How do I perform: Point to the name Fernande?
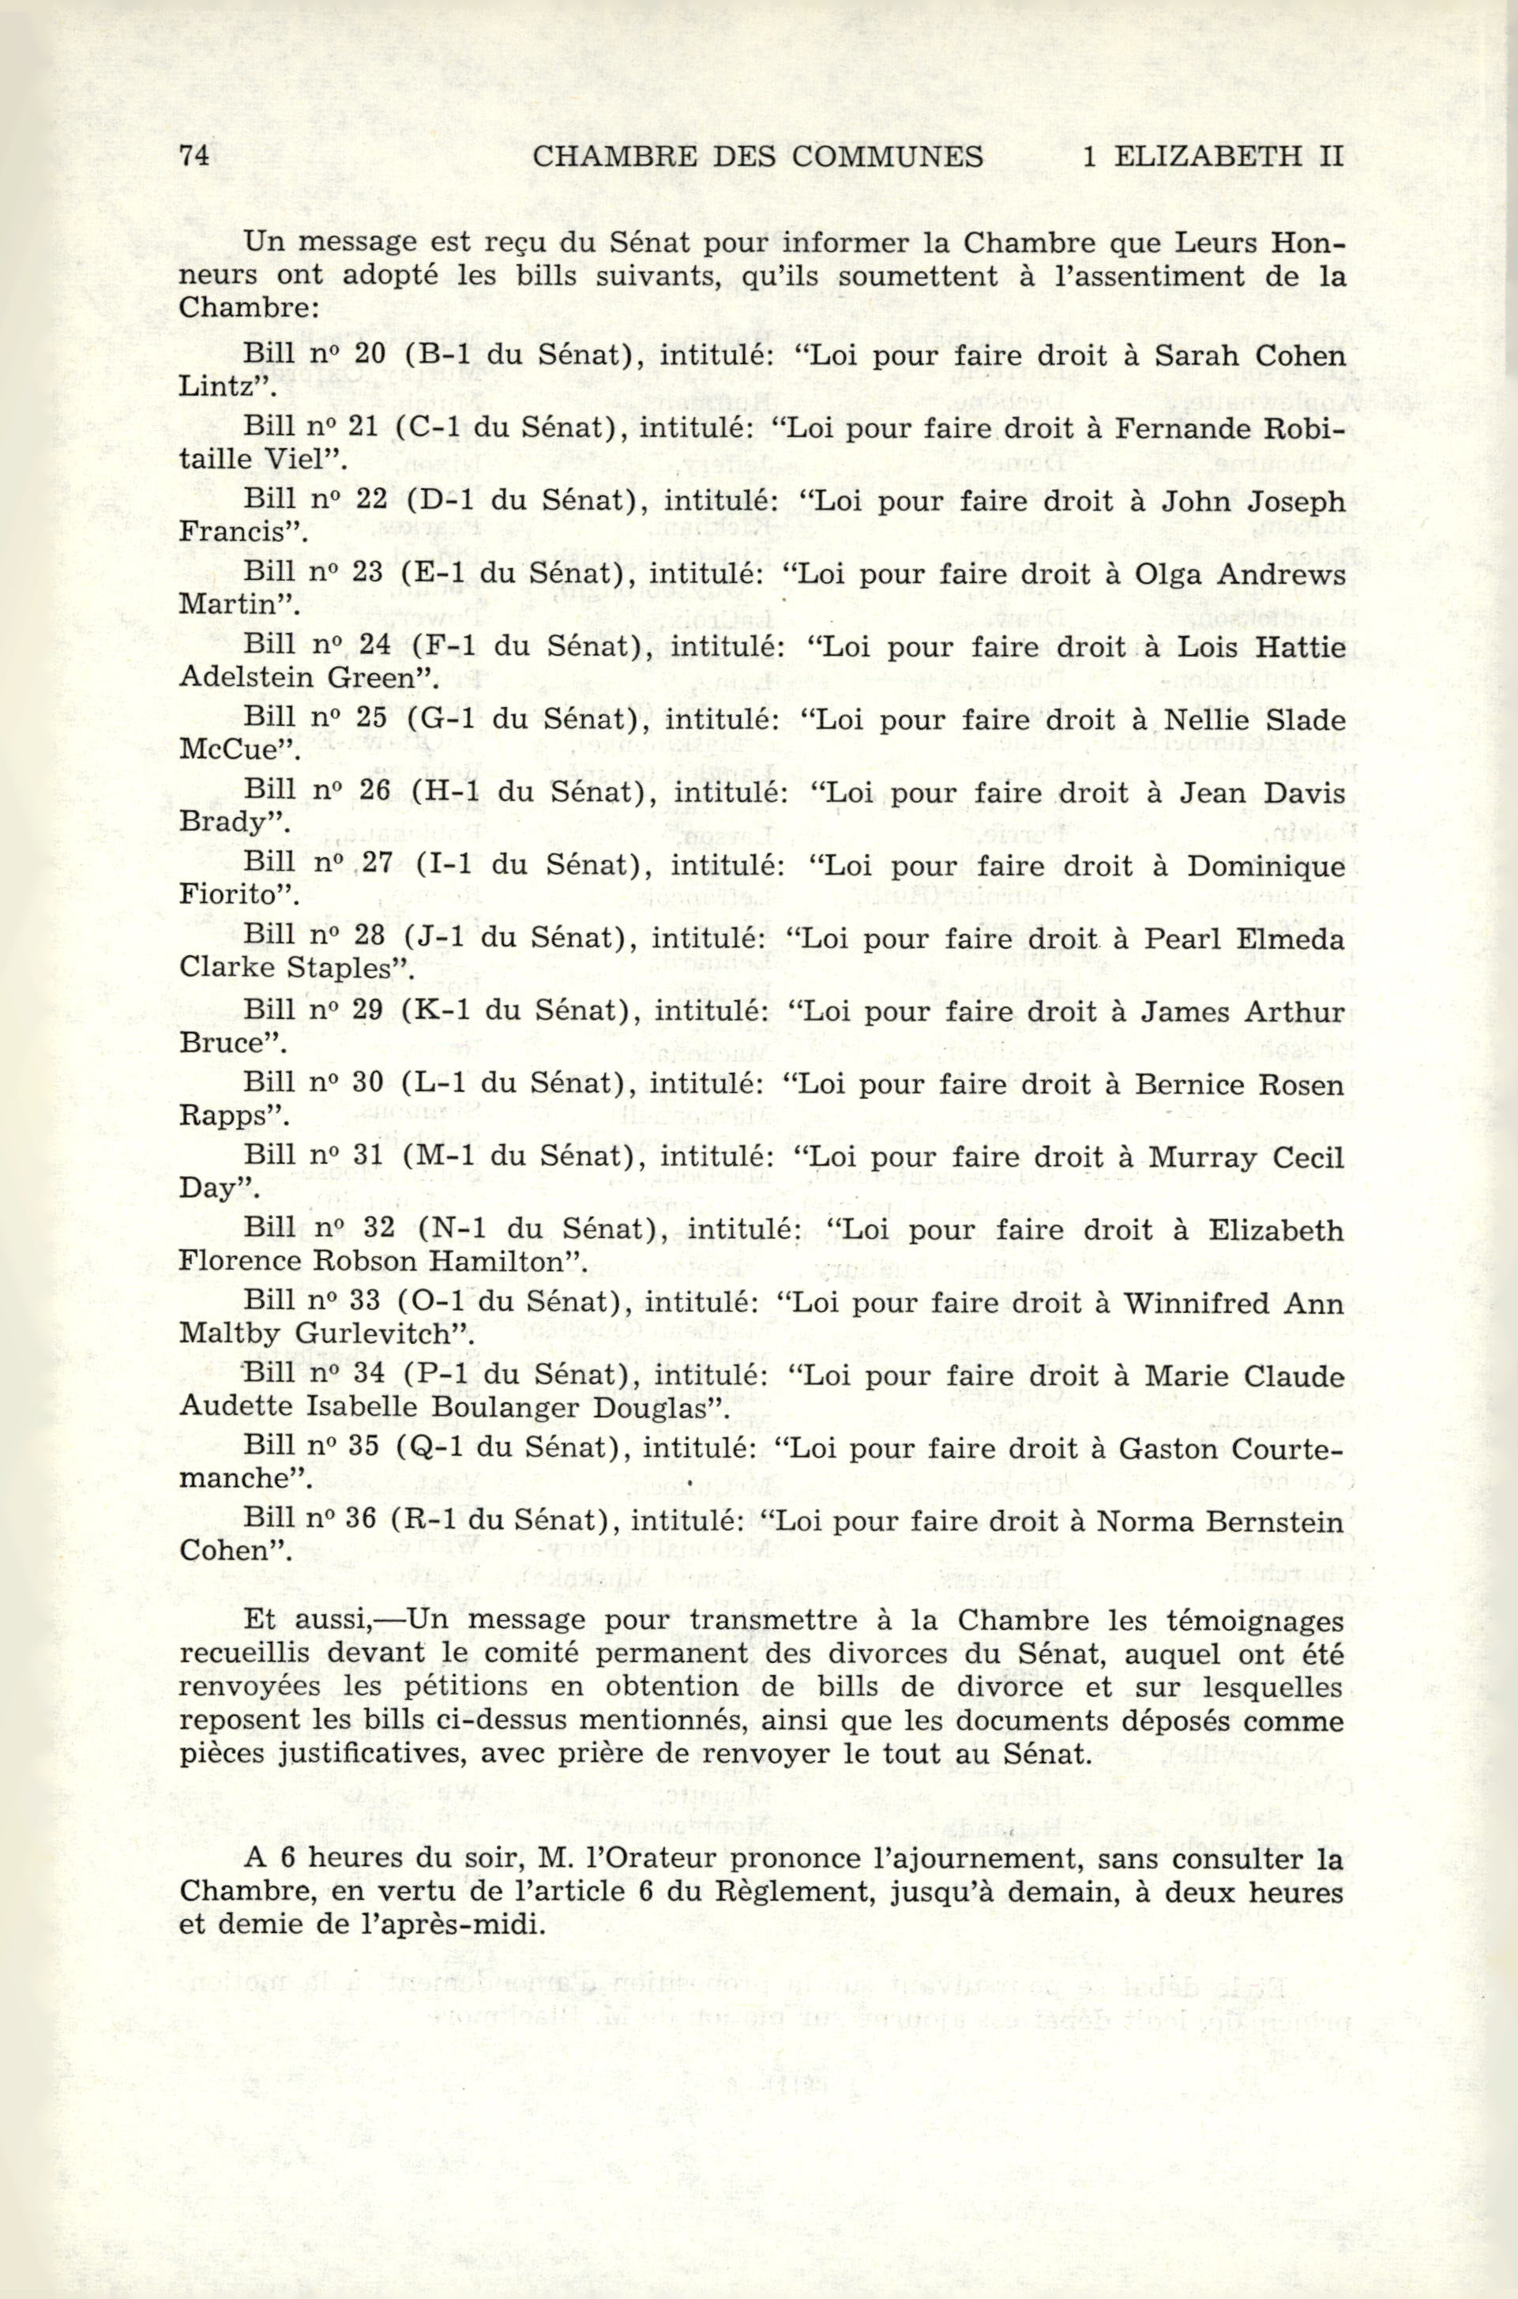pyautogui.click(x=1171, y=427)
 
